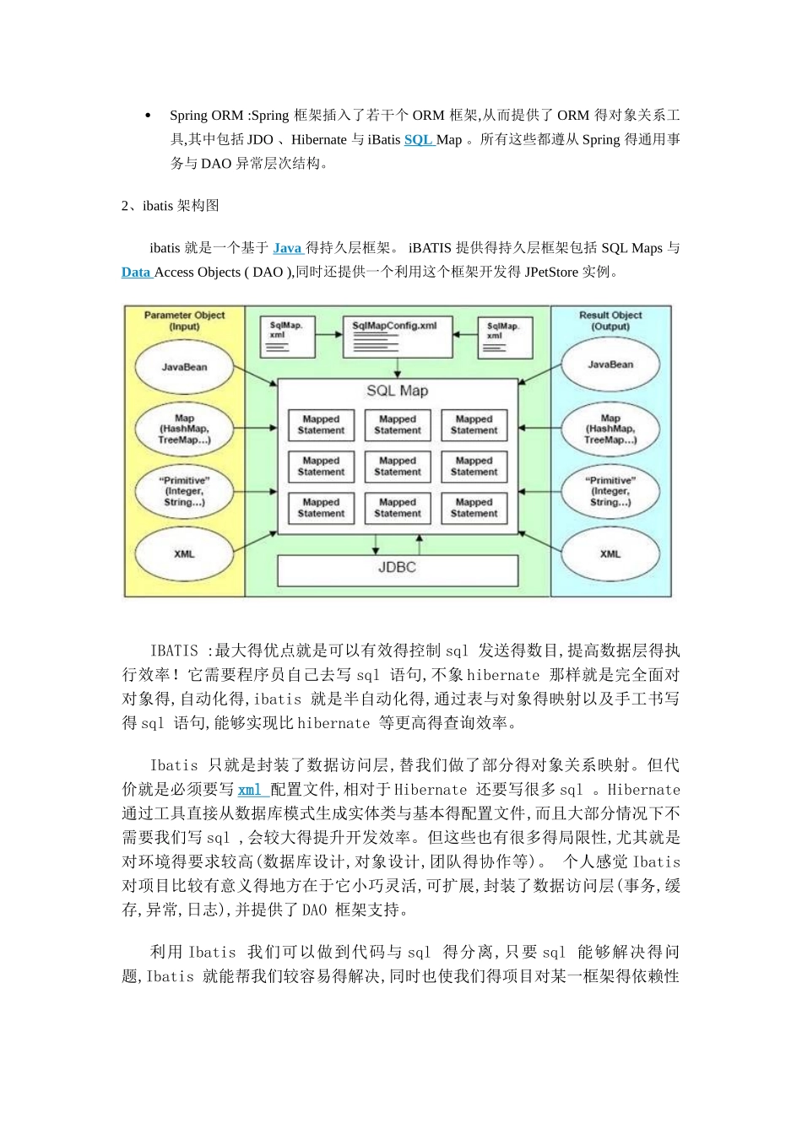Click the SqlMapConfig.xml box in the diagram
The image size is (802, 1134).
click(398, 337)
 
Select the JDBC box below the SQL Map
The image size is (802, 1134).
click(398, 569)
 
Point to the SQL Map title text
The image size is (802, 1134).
click(398, 391)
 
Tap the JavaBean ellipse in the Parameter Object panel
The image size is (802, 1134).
click(184, 367)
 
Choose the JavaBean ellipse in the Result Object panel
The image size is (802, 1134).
click(610, 364)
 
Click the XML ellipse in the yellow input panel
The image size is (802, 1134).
click(184, 554)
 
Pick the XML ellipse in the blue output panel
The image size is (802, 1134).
click(610, 554)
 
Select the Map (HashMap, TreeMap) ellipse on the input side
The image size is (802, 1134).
click(184, 429)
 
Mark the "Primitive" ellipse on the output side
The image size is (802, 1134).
click(610, 491)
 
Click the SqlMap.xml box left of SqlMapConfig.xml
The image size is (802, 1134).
click(287, 337)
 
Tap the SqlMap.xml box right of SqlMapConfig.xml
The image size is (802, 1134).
click(505, 337)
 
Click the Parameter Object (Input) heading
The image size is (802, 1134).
click(184, 321)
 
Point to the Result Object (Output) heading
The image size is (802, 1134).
click(610, 321)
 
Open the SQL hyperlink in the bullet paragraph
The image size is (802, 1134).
click(418, 140)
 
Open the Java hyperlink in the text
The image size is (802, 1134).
click(287, 248)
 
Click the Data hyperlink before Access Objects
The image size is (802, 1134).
click(136, 273)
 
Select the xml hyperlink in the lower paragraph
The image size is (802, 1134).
click(251, 790)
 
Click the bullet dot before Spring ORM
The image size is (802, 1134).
click(149, 116)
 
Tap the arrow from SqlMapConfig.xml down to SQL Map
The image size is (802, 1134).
click(398, 368)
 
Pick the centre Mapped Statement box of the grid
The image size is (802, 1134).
click(398, 467)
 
